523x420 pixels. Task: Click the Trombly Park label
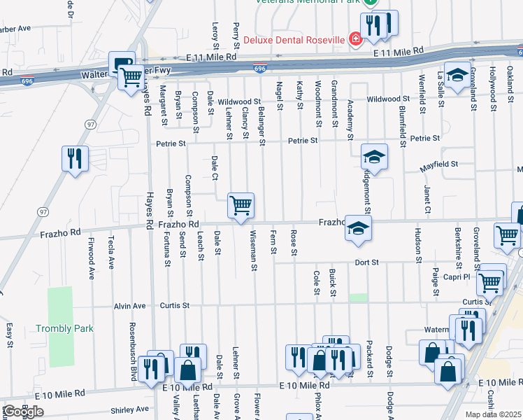[64, 328]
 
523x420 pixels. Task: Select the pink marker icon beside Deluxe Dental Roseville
[356, 38]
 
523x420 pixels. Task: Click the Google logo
[23, 412]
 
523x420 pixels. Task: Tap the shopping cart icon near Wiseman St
[241, 206]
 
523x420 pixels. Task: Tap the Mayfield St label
[438, 165]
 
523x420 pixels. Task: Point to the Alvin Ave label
[130, 306]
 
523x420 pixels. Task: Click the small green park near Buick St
[358, 297]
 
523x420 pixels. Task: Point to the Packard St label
[369, 357]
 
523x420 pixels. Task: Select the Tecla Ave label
[111, 253]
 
